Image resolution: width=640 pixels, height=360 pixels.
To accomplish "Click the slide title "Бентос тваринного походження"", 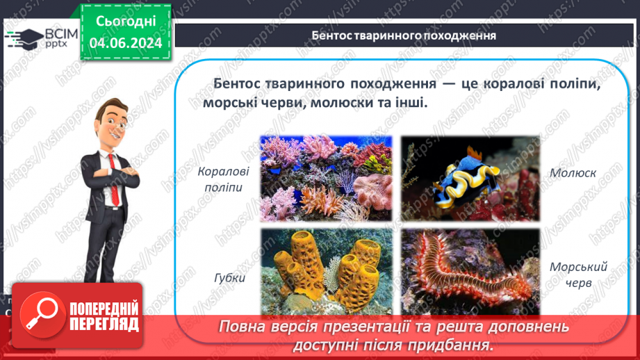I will pos(403,35).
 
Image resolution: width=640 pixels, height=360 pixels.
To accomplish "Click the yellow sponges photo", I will pos(325,271).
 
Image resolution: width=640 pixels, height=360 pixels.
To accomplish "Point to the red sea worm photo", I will pos(470,271).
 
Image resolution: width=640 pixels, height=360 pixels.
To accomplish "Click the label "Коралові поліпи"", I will pos(222,179).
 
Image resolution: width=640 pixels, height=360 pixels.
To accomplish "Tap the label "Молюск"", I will pos(573,172).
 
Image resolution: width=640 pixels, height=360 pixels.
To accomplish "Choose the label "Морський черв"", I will pos(568,275).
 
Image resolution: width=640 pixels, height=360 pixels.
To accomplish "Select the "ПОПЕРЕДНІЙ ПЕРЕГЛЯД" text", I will pos(104,316).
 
